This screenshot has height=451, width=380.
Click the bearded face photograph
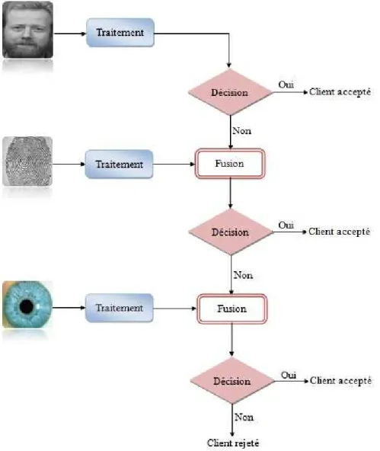coord(27,30)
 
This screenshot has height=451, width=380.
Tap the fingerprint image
coord(27,161)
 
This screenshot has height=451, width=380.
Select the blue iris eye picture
coord(27,305)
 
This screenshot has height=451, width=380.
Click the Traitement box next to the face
coord(120,33)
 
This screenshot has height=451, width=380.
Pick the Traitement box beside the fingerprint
coord(119,165)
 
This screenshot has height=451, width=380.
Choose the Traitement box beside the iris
coord(120,308)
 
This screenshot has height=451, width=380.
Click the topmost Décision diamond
coord(230,92)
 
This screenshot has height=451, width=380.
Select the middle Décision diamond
coord(230,232)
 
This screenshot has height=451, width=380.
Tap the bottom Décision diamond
coord(232,381)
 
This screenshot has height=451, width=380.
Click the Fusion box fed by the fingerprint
coord(230,164)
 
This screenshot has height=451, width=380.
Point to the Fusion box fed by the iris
coord(232,309)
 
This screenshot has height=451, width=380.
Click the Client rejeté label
coord(233,443)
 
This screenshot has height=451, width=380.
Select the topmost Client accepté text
coord(340,92)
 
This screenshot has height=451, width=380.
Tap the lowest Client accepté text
coord(340,381)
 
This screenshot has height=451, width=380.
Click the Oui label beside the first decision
coord(286,85)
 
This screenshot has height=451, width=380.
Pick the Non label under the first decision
coord(241,131)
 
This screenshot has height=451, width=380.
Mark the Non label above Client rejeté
coord(244,417)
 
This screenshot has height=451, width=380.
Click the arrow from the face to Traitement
coord(70,34)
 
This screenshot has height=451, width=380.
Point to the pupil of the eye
coord(27,306)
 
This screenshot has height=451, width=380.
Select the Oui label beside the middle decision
coord(286,225)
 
